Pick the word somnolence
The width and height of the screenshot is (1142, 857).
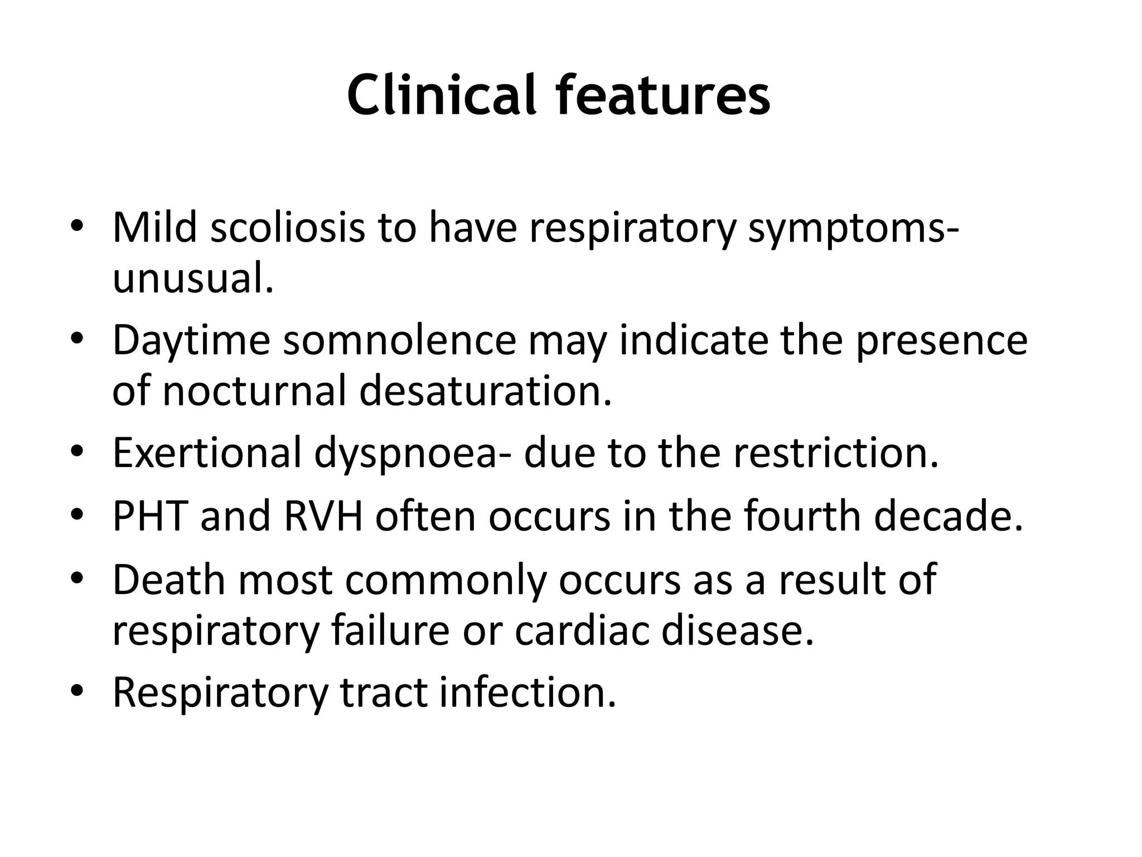click(x=399, y=340)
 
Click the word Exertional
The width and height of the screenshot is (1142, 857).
click(x=207, y=452)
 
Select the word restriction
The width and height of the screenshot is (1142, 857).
click(x=836, y=452)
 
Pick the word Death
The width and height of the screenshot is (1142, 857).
click(x=169, y=580)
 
